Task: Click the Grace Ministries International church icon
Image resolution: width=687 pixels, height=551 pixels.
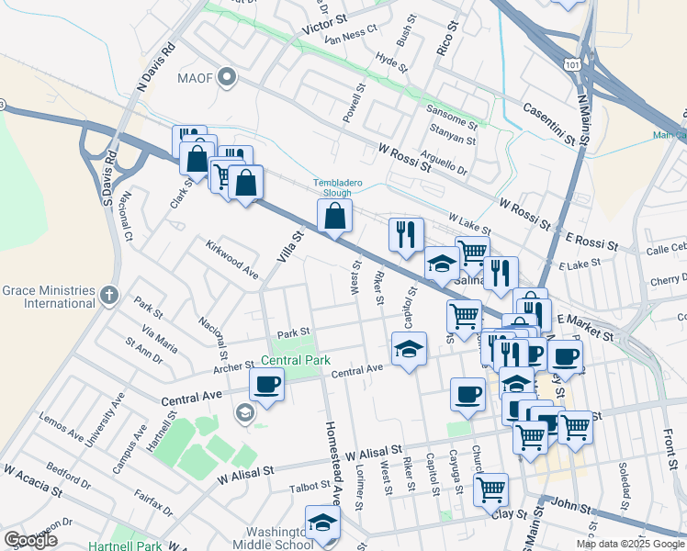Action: pos(109,296)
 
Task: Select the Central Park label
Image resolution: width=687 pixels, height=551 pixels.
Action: pos(295,361)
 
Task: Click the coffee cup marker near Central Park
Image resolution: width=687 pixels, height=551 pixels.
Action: pos(267,385)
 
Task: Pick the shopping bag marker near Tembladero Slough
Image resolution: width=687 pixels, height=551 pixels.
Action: pos(335,217)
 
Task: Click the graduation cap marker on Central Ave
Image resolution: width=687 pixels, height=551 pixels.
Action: pos(409,348)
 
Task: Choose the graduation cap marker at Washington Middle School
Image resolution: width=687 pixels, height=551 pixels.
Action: pos(322,522)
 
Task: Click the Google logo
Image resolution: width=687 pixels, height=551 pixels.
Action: pos(30,539)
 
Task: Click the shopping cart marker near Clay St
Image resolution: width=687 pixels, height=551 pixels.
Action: pos(491,488)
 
